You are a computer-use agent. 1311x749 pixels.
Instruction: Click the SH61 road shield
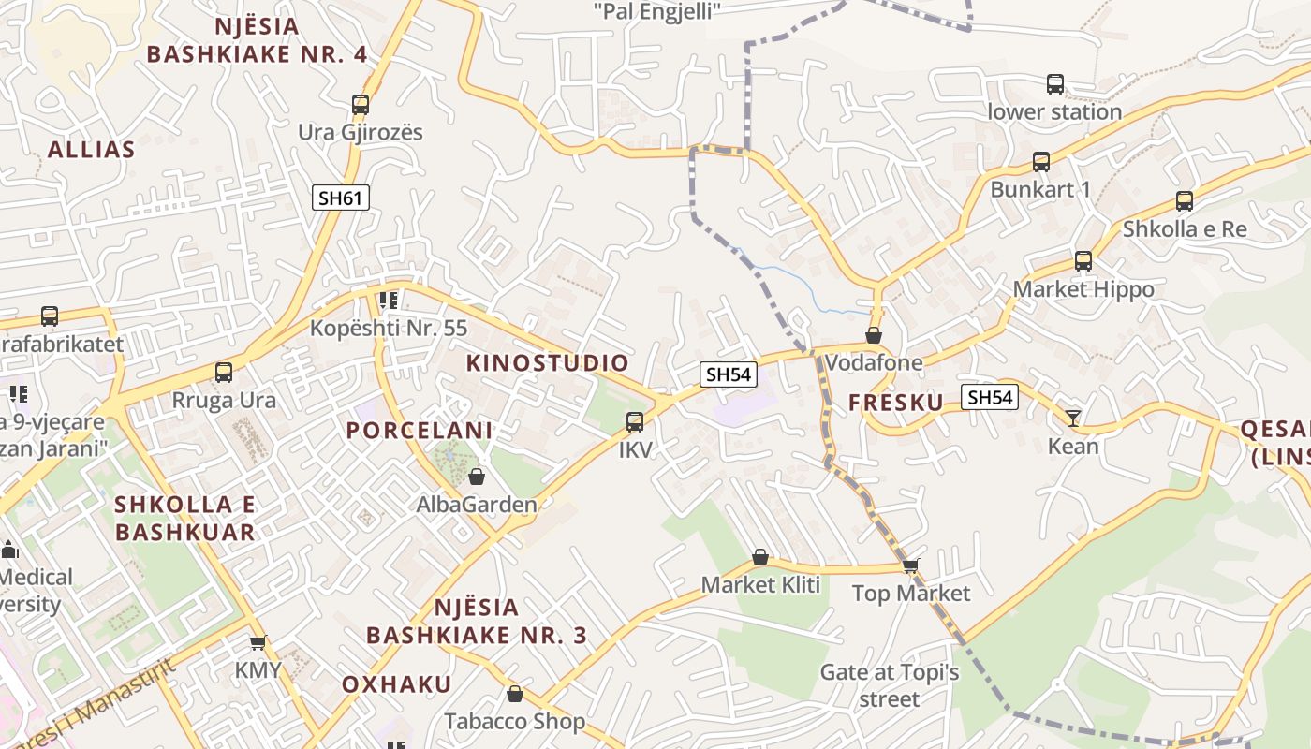(x=341, y=198)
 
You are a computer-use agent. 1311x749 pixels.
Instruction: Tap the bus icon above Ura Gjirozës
(x=361, y=105)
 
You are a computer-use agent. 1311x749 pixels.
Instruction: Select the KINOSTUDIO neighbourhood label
(x=548, y=363)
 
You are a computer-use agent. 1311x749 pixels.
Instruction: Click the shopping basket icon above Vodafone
(x=874, y=335)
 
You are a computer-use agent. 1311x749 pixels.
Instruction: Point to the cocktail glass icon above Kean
(x=1073, y=418)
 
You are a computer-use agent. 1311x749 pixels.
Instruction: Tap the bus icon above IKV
(x=635, y=422)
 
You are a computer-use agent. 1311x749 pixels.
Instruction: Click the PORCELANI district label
(x=420, y=431)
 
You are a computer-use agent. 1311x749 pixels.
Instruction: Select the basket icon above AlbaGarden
(x=477, y=477)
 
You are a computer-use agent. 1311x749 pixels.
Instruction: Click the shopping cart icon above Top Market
(x=910, y=565)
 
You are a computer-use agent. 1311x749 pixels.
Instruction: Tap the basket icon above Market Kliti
(x=760, y=558)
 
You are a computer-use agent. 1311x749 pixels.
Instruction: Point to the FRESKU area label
(x=896, y=403)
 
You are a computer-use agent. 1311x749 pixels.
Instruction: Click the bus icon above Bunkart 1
(x=1041, y=162)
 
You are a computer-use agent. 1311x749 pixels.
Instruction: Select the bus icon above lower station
(x=1055, y=84)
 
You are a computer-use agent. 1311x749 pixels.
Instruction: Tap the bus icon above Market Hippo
(x=1083, y=261)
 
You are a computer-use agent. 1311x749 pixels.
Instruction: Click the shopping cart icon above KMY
(x=258, y=642)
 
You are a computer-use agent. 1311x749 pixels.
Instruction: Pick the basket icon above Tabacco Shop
(x=514, y=694)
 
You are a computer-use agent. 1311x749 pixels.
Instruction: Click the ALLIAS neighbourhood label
(x=91, y=150)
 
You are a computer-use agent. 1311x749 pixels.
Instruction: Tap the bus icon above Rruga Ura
(x=224, y=373)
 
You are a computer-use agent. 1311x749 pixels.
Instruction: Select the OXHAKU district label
(x=396, y=684)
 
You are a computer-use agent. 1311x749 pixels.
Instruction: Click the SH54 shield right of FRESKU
(x=990, y=398)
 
